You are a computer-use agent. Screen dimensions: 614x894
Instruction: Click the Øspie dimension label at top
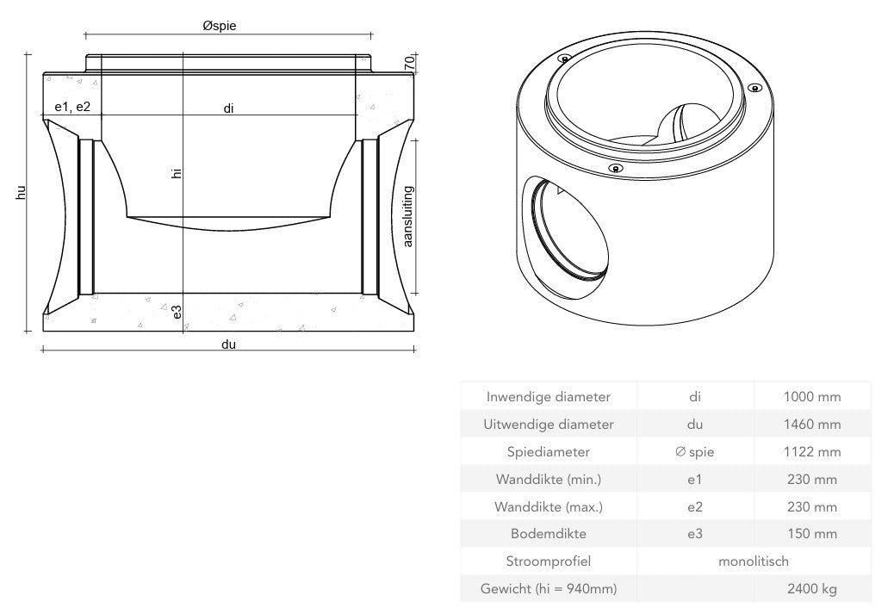point(220,26)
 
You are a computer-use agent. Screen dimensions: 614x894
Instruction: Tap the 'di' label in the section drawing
point(228,108)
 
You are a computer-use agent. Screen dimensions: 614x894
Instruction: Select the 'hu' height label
point(21,193)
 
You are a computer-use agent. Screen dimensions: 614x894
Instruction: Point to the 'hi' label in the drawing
point(177,173)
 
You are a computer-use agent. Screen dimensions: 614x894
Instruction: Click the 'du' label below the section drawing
point(228,344)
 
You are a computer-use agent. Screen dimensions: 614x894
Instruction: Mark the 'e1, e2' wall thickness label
point(72,107)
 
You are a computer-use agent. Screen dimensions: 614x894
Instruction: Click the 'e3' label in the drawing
point(177,312)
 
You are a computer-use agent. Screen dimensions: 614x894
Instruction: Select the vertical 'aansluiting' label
point(408,215)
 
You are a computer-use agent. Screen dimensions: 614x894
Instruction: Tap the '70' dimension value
point(410,64)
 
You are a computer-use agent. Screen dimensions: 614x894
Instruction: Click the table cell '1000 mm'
point(811,397)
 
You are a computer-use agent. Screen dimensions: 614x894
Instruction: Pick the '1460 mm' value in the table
point(811,425)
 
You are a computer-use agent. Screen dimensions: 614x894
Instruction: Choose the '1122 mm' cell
point(811,452)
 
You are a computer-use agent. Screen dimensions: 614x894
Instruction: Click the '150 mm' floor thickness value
point(811,534)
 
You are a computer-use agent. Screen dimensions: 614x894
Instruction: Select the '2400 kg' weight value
point(811,589)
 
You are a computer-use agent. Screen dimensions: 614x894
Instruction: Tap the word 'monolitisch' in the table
point(753,561)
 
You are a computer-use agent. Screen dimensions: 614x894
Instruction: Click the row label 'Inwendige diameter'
point(549,397)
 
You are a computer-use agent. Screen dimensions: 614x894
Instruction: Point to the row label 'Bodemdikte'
point(549,534)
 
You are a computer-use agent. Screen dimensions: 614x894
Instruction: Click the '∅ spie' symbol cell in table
point(694,452)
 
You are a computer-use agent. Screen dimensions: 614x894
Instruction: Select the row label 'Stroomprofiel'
point(549,561)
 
